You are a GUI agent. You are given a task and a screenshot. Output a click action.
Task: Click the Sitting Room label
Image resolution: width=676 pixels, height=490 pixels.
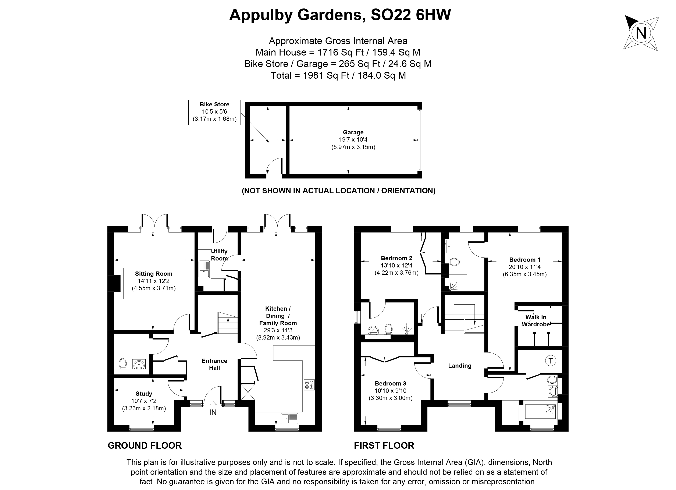(153, 274)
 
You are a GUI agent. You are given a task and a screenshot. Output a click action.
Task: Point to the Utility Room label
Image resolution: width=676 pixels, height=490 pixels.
(219, 255)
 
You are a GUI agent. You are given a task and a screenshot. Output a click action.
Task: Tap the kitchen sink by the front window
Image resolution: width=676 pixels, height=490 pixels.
(289, 418)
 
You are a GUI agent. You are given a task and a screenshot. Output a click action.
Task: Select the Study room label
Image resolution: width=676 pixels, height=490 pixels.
(144, 394)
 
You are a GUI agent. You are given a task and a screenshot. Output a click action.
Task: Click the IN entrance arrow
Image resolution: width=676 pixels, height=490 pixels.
(213, 409)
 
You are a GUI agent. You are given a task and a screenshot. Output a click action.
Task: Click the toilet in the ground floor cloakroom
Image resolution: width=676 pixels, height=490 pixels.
(122, 364)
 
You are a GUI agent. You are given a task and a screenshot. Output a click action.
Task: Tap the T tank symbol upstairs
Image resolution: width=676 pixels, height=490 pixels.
(551, 361)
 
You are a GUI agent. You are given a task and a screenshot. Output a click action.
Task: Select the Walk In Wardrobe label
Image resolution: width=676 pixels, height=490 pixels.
(536, 321)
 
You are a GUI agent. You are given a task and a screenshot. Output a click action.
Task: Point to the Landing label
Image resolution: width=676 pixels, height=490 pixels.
(460, 366)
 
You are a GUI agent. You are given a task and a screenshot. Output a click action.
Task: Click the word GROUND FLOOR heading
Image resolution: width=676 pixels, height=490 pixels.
(145, 445)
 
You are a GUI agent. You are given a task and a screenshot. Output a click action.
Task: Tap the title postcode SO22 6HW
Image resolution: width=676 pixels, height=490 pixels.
(410, 15)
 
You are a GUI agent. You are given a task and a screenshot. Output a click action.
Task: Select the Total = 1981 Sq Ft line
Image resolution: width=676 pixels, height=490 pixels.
(338, 75)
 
